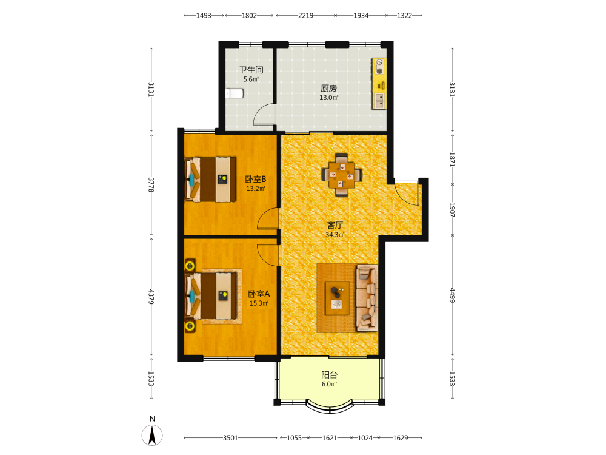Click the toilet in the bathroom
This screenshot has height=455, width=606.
coord(234,93)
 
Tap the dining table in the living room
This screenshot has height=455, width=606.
coord(342,175)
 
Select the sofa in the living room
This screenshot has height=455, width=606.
coord(367,298)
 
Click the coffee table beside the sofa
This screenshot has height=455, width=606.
coord(337,298)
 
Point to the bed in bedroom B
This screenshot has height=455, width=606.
coord(211,179)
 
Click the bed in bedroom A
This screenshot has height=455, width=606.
coord(211,296)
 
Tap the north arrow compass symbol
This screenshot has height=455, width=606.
coord(152,435)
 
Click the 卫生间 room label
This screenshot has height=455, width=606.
coord(251,70)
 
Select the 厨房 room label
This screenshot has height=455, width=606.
coord(328,88)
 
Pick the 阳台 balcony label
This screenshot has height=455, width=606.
coord(329,374)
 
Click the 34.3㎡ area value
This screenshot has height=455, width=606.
coord(335,234)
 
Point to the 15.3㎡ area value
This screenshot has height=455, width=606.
coord(259,303)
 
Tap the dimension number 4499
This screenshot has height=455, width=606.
coord(453,295)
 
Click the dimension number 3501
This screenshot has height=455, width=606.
coord(230,437)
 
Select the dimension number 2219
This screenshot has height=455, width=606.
coord(305,16)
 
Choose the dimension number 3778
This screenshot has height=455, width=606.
coord(151,185)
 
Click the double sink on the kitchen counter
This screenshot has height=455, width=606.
coord(379,100)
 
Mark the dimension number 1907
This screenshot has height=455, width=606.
coord(453,210)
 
